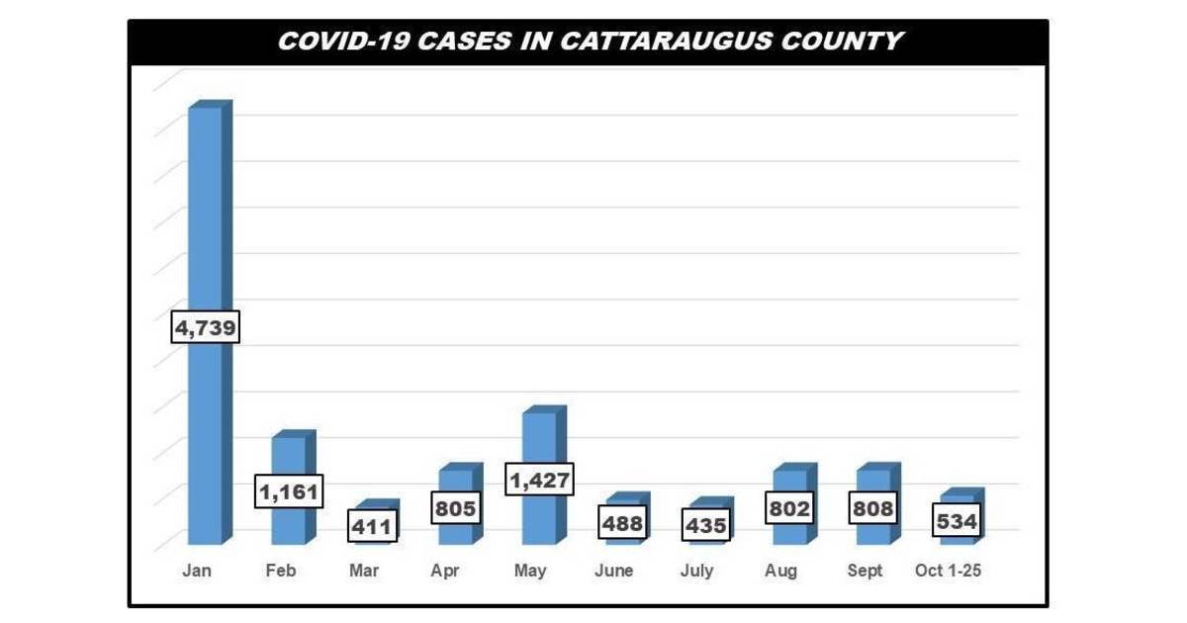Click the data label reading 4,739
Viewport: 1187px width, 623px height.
click(x=206, y=328)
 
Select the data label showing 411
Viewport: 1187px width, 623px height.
click(x=373, y=527)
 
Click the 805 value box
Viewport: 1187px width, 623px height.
click(x=456, y=509)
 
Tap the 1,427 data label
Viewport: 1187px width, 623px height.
click(x=539, y=481)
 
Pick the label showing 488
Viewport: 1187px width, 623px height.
click(x=623, y=523)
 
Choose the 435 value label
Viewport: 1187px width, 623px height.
click(x=706, y=525)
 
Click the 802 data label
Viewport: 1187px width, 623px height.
click(x=789, y=509)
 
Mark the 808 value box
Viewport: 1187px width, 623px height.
click(x=873, y=509)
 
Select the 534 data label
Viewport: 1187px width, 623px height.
click(x=957, y=521)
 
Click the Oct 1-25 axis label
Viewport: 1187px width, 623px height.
click(x=948, y=572)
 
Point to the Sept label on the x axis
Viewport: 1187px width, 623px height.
click(x=866, y=572)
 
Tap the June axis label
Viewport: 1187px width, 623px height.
click(x=614, y=572)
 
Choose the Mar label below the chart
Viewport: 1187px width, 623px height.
click(x=364, y=572)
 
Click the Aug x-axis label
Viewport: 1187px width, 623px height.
click(x=781, y=572)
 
